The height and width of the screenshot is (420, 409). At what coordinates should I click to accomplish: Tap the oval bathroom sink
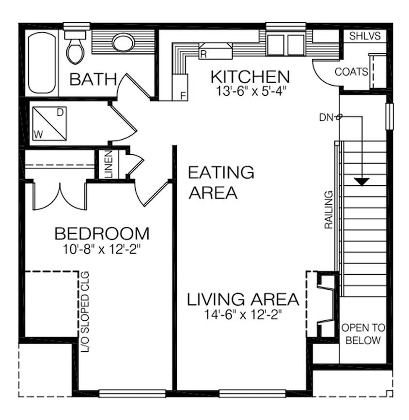tap(123, 42)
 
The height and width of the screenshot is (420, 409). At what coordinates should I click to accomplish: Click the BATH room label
tap(93, 79)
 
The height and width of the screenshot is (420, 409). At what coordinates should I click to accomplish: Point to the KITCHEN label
tap(250, 76)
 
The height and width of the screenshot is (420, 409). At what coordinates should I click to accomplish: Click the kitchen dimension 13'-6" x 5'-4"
tap(249, 91)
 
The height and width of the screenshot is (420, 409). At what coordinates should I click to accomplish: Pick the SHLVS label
tap(365, 36)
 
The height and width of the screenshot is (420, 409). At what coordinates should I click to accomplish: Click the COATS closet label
tap(351, 72)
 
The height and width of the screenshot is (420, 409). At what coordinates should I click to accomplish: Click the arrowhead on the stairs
tap(361, 181)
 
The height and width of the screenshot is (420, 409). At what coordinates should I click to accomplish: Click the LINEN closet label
tap(109, 165)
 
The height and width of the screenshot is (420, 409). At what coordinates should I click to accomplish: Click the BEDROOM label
tap(102, 234)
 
